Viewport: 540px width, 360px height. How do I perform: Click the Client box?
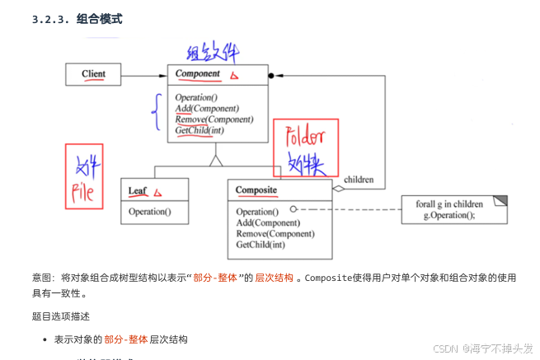pos(94,74)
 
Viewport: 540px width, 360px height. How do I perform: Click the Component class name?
pos(198,74)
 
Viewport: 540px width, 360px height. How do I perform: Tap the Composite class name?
pos(256,191)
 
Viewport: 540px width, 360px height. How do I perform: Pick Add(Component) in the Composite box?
pos(269,222)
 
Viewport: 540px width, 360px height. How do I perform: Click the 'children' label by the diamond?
pos(359,180)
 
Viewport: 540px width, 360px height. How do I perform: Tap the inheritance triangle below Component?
pos(217,160)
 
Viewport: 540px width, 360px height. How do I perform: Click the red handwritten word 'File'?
pos(84,193)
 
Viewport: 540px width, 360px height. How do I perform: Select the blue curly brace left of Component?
pos(154,113)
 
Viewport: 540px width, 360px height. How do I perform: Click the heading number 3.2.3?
pos(49,19)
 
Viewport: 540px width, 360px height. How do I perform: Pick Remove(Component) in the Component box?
pos(214,119)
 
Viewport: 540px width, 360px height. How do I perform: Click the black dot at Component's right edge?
pos(270,75)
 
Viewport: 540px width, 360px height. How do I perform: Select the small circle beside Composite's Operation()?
pos(293,209)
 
